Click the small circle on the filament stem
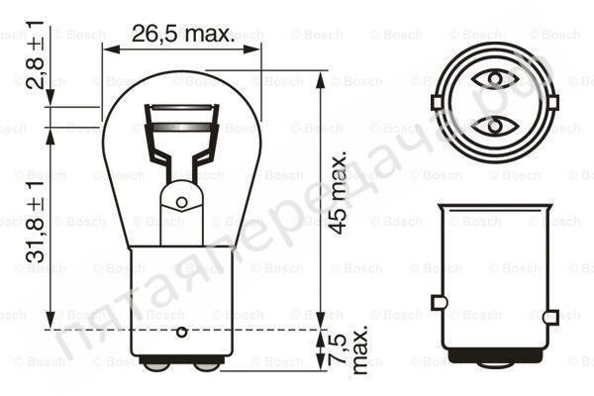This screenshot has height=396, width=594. coord(181,202)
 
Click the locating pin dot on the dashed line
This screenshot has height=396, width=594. coord(181,330)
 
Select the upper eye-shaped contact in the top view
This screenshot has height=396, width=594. coord(493,78)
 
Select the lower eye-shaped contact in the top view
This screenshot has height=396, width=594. coord(493,126)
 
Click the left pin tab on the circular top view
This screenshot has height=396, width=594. coord(436,102)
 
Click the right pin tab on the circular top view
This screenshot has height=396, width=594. coord(551,102)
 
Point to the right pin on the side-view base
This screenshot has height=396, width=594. coord(551,301)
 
